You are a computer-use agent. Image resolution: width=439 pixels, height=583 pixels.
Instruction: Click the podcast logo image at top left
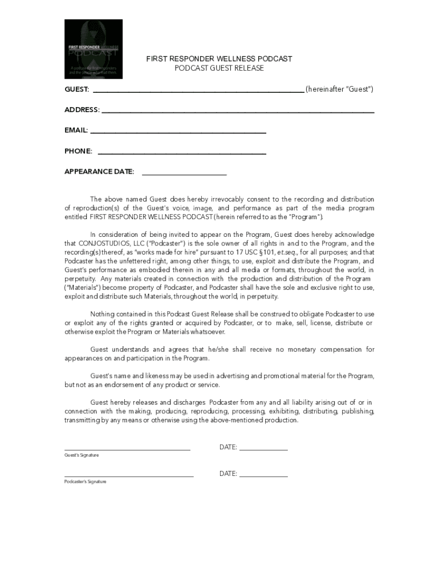point(93,49)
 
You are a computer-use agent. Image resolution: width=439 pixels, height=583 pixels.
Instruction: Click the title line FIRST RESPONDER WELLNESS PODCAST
point(219,59)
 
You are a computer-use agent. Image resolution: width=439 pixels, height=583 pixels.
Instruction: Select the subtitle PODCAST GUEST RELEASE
point(219,68)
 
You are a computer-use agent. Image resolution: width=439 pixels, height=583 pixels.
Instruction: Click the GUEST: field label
point(76,89)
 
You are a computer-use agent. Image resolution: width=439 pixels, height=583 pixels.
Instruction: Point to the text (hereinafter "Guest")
point(339,89)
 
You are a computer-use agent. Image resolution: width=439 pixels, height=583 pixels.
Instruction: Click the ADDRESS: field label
point(82,110)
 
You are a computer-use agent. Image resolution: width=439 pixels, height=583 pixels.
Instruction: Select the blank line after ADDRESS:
point(238,111)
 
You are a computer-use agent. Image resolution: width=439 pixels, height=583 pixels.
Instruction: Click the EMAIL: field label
point(76,130)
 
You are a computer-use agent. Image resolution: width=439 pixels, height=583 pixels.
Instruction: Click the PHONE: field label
point(78,151)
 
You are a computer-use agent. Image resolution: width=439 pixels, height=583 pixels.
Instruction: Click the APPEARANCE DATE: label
point(99,171)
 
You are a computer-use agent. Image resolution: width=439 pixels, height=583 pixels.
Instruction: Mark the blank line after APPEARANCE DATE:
point(184,173)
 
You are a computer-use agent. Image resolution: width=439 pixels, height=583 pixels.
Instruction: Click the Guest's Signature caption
point(82,455)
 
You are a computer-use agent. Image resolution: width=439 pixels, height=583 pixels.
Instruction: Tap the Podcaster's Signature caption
point(85,482)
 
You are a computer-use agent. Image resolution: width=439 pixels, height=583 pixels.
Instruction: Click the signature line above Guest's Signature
point(127,450)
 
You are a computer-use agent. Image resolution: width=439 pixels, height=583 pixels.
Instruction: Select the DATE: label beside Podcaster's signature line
point(228,474)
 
